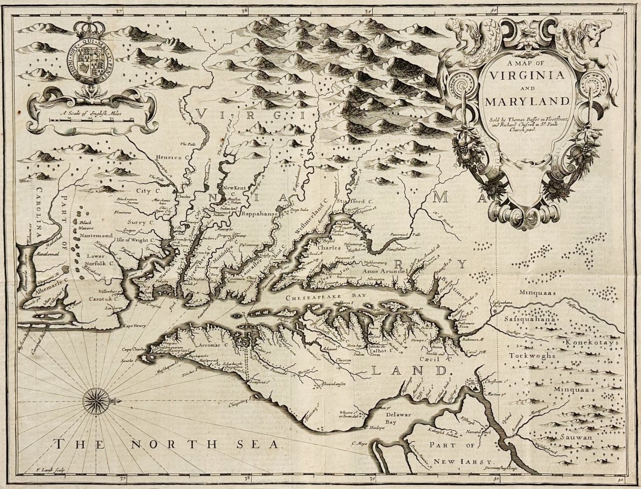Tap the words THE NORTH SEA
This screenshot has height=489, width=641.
(169, 445)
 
